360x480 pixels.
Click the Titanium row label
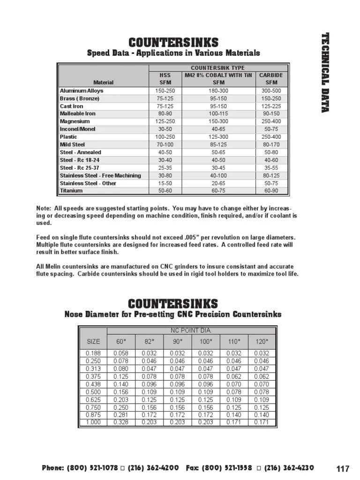71,191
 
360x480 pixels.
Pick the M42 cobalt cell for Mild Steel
215,145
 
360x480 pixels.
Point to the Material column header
104,82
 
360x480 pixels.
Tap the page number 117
343,469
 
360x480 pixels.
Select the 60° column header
121,341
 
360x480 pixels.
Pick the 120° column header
262,341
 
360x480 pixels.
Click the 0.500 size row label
93,392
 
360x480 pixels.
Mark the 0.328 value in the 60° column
121,422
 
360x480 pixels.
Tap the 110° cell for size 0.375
233,377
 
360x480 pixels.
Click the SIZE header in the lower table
93,341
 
